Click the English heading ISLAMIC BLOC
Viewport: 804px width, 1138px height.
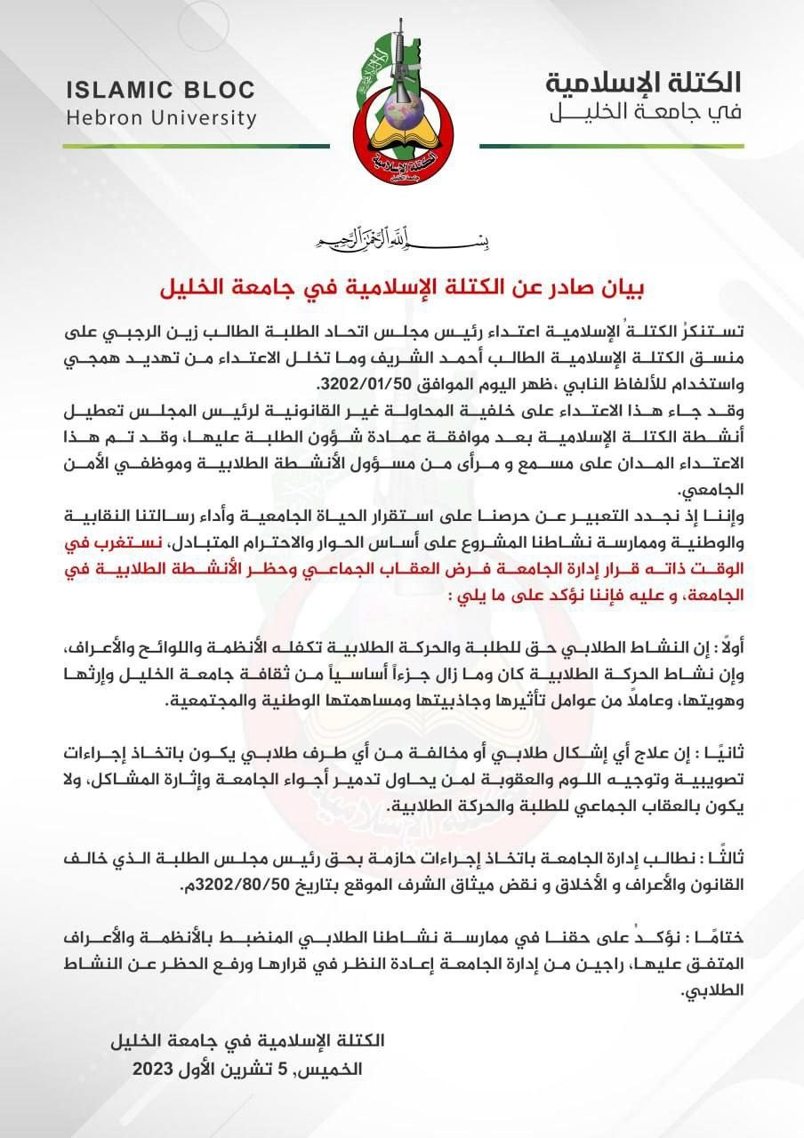[x=159, y=91]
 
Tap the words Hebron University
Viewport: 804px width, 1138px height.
[x=160, y=118]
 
